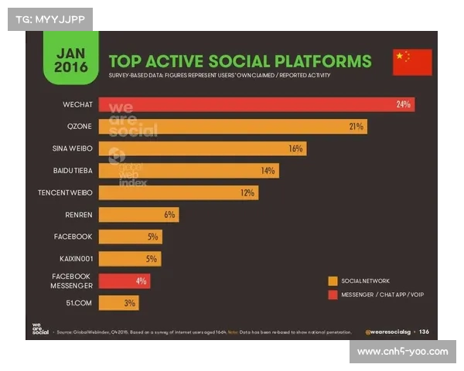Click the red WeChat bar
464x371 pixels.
coord(255,104)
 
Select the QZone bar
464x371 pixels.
coord(232,126)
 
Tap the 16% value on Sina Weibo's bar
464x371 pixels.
coord(295,148)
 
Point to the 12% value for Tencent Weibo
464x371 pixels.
coord(247,192)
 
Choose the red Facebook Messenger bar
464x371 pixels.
coord(124,281)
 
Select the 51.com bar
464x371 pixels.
coord(118,303)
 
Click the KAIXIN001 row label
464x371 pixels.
coord(75,258)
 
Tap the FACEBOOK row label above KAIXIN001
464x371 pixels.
coord(73,237)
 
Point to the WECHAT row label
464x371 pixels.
coord(77,104)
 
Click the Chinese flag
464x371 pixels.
coord(411,61)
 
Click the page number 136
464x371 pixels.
coord(424,332)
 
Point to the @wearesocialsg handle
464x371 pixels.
coord(387,332)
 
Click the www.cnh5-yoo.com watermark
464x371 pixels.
coord(402,352)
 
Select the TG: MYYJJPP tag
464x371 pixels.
coord(49,19)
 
